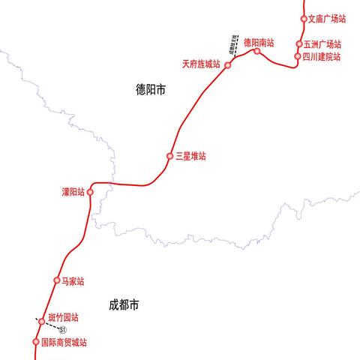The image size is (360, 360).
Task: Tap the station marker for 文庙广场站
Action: coord(304,19)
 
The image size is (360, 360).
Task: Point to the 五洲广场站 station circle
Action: coord(298,44)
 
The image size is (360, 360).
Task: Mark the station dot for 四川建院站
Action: coord(298,56)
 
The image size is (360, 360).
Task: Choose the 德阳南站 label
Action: coord(259,43)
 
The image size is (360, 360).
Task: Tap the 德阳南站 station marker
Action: coord(257,52)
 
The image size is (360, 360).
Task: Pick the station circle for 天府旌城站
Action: coord(227,64)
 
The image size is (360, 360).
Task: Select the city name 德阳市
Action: coord(151,90)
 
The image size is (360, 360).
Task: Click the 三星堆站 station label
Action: coord(190,156)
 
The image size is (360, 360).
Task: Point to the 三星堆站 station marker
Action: coord(170,156)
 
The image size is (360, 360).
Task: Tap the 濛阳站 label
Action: coord(73,192)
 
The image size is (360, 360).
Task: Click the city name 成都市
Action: coord(124,305)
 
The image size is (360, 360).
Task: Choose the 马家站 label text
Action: coord(73,281)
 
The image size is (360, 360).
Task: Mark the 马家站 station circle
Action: coord(56,280)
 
